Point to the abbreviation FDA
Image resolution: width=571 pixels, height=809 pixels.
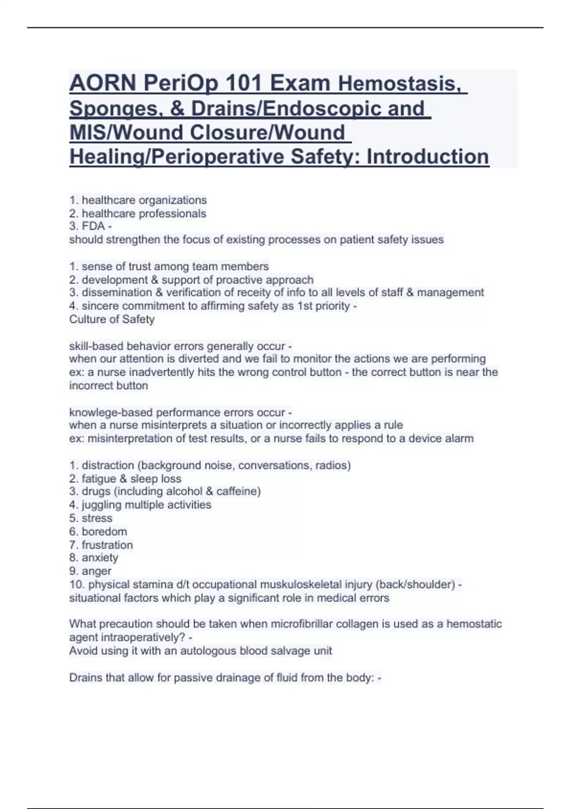tap(93, 226)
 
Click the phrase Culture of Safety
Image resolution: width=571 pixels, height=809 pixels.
tap(112, 319)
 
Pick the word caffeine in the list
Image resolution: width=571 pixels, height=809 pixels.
tap(238, 491)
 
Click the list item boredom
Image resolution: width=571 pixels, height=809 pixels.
tap(104, 531)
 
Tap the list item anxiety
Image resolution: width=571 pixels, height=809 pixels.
tap(100, 558)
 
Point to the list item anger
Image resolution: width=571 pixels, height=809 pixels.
tap(97, 571)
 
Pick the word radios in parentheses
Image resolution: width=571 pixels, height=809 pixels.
tap(335, 465)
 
